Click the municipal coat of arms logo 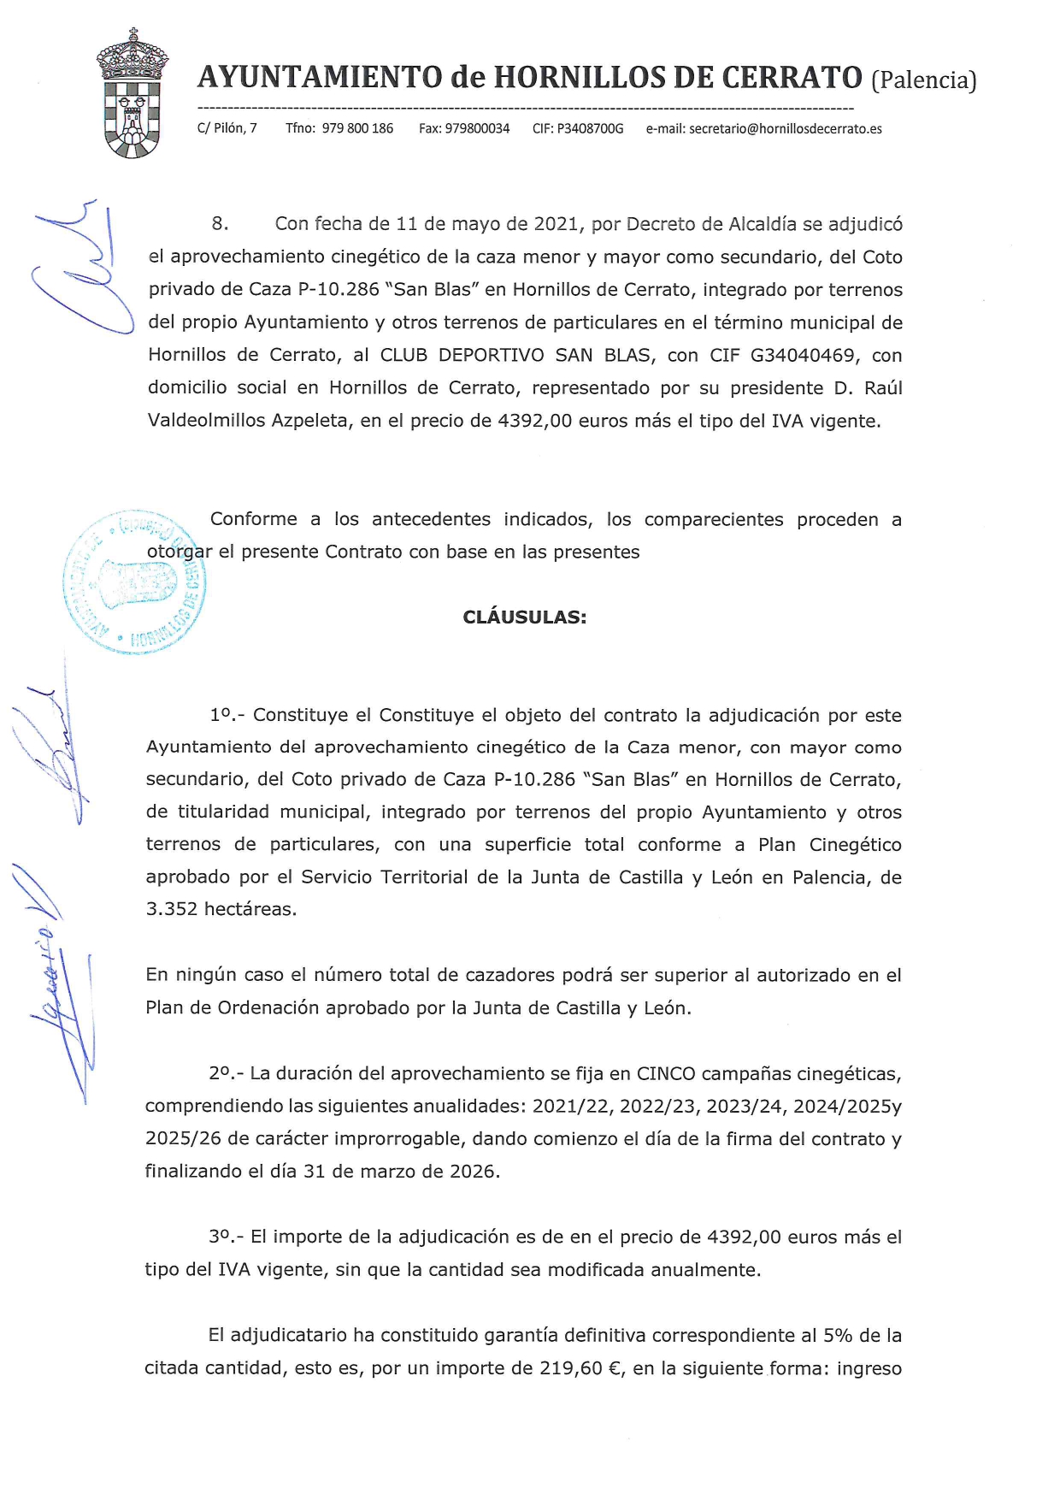[x=132, y=94]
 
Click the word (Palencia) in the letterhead [x=923, y=80]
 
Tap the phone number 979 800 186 [x=357, y=129]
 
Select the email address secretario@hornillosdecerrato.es [x=785, y=129]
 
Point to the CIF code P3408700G [x=590, y=129]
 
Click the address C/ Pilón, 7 [x=227, y=129]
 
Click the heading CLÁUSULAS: [x=524, y=617]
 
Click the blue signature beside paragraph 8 [x=81, y=269]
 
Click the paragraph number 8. [x=220, y=224]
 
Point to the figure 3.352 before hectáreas [x=172, y=909]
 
